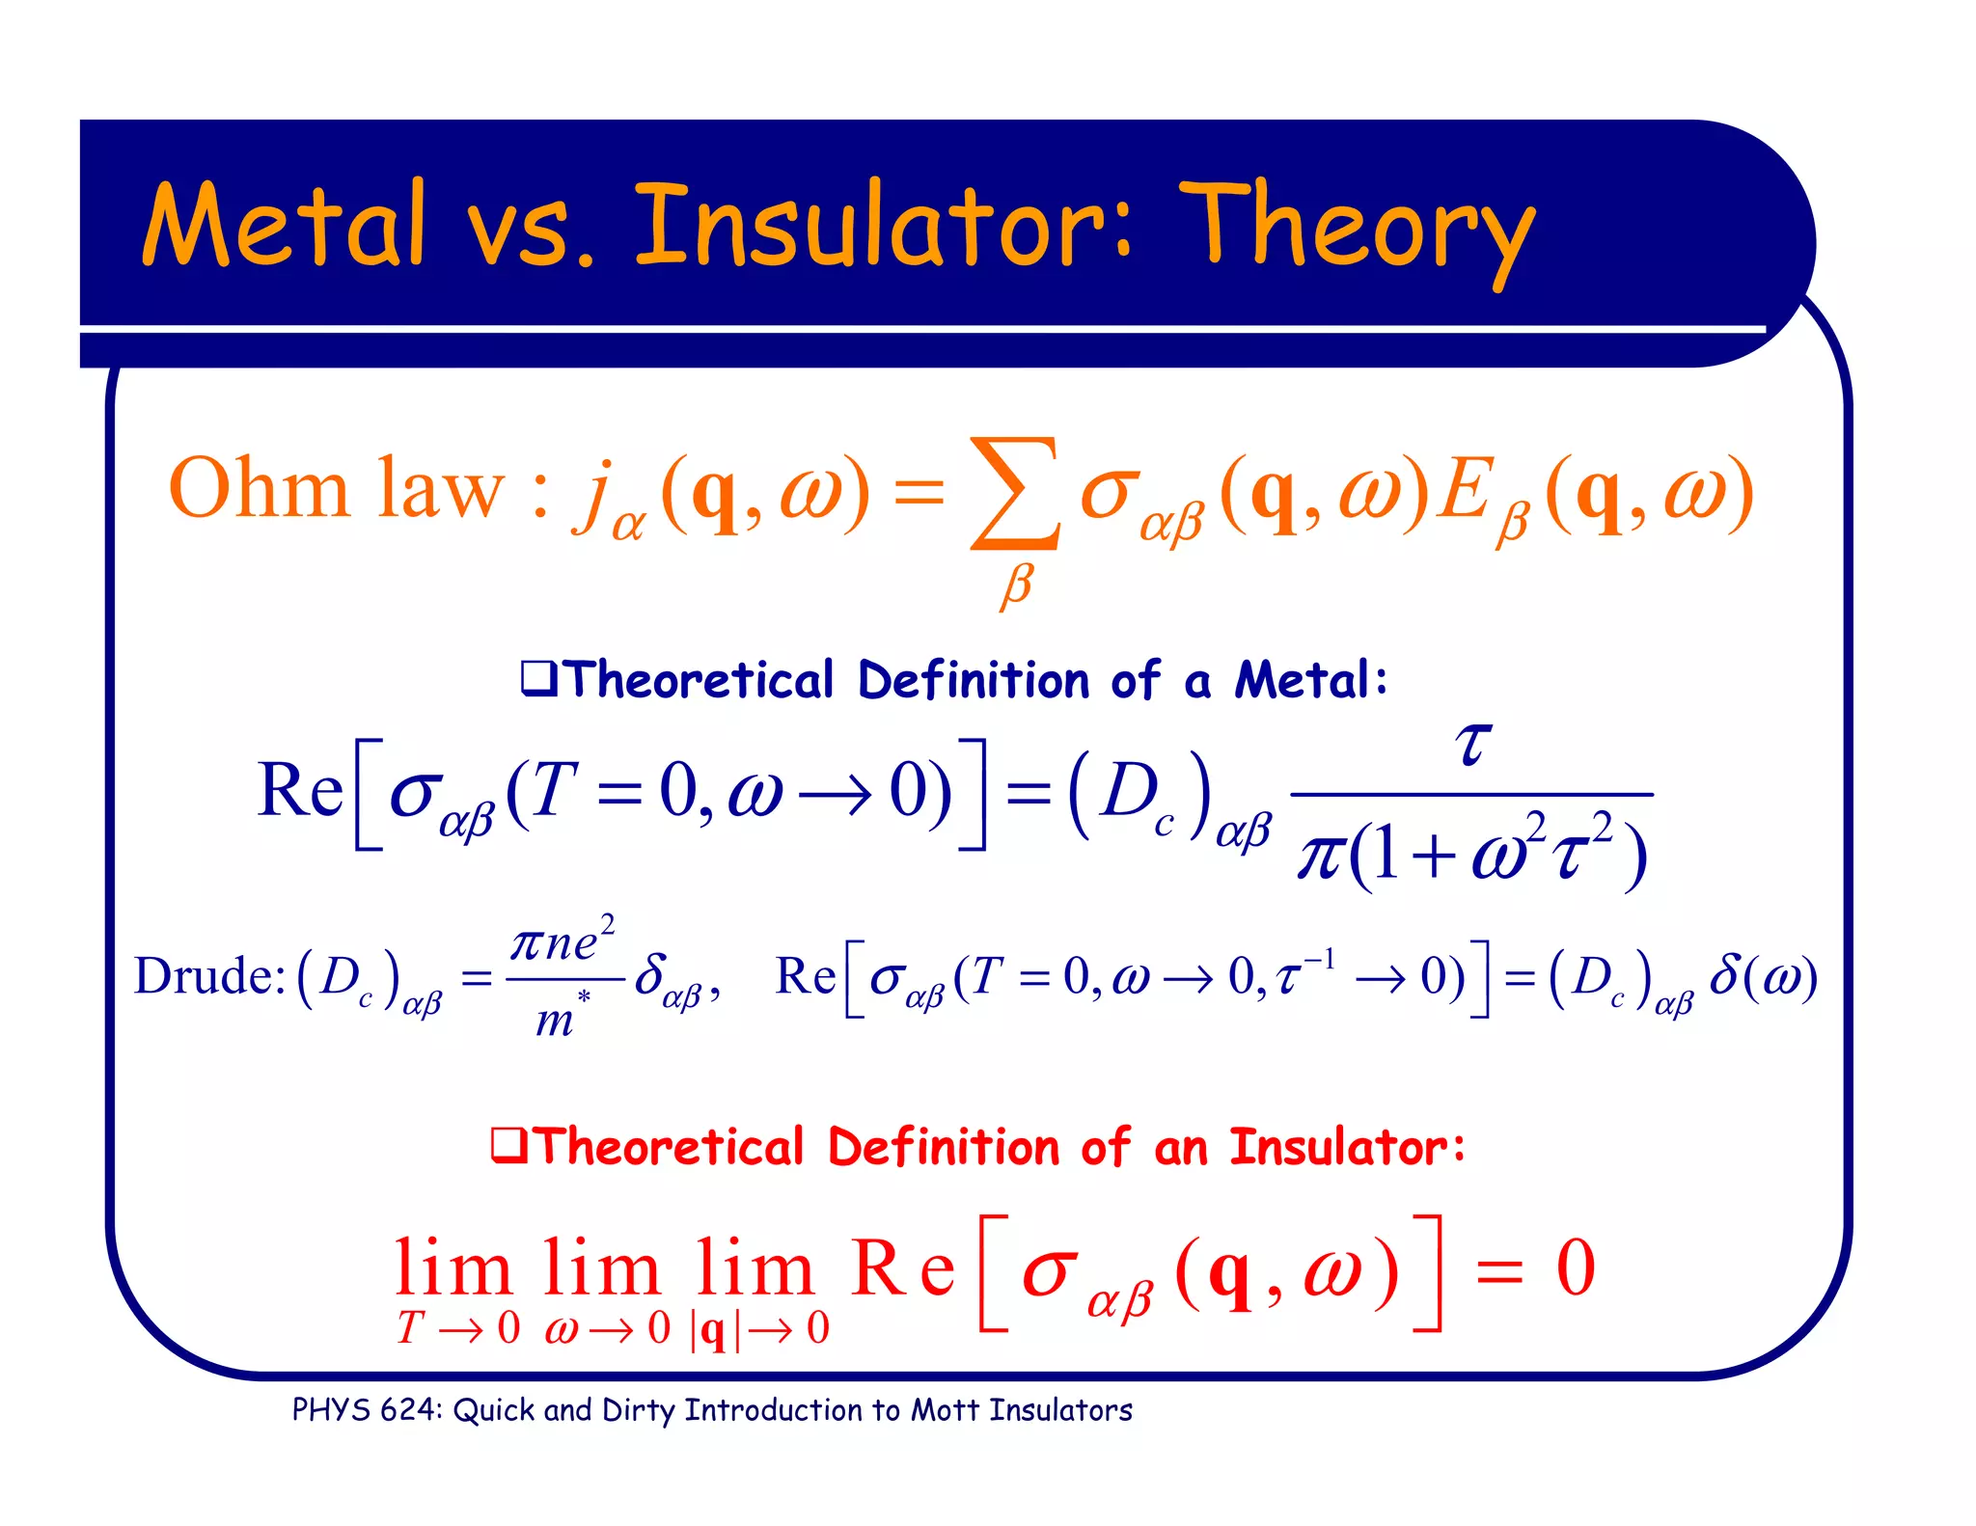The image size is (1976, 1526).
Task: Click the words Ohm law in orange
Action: pos(336,490)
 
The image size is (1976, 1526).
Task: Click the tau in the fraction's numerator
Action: pos(1472,744)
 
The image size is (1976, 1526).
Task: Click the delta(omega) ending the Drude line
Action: pos(1763,976)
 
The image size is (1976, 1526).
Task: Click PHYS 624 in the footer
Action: pos(366,1410)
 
